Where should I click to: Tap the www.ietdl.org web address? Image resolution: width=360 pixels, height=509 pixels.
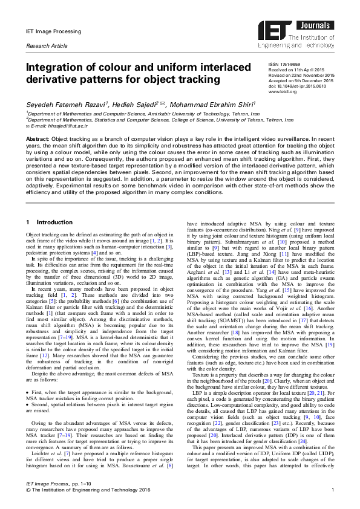[x=283, y=92]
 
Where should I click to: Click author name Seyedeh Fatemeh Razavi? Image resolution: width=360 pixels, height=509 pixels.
[x=57, y=105]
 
